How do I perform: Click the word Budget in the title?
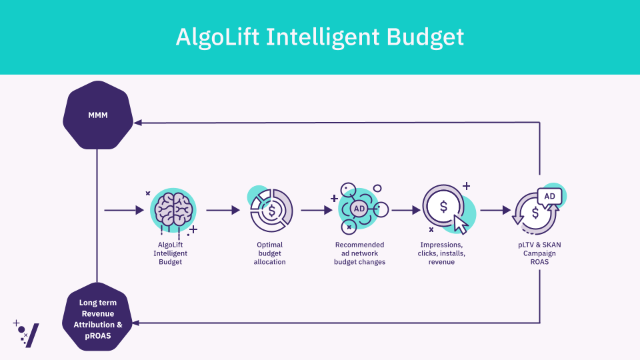click(x=425, y=37)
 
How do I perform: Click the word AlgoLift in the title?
click(x=217, y=37)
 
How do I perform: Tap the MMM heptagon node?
click(x=98, y=115)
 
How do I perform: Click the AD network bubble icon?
click(x=359, y=209)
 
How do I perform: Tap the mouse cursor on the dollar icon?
click(x=461, y=224)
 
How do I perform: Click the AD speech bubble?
click(x=549, y=197)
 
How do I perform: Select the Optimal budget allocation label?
click(x=270, y=253)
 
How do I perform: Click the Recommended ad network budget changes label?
click(x=359, y=253)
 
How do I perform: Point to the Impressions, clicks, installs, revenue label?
click(x=441, y=253)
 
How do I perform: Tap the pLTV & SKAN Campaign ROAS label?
click(x=539, y=253)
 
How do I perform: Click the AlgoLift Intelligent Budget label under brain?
click(x=170, y=253)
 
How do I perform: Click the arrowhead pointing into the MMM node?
click(x=138, y=123)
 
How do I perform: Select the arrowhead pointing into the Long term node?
click(x=136, y=323)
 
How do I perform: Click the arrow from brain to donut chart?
click(x=223, y=210)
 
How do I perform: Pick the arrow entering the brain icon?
click(x=124, y=210)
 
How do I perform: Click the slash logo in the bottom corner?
click(x=32, y=335)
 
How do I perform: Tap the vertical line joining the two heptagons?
click(x=97, y=216)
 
